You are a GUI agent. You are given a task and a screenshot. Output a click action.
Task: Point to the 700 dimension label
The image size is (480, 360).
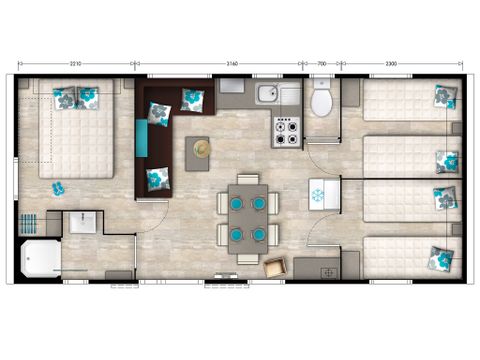[321, 64]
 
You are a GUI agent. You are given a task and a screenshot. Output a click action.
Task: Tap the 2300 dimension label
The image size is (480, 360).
[399, 64]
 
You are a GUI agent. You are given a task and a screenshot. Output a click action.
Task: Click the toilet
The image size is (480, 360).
[322, 101]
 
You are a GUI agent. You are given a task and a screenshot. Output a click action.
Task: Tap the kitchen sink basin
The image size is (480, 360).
[267, 96]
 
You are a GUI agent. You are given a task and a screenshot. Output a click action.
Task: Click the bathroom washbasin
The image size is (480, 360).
[82, 223]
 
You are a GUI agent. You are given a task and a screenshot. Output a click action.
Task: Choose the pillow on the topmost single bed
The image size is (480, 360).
[442, 96]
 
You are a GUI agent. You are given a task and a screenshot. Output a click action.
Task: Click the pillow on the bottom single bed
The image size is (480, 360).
[438, 258]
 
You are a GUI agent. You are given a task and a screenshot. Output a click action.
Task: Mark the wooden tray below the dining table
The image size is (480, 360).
[272, 266]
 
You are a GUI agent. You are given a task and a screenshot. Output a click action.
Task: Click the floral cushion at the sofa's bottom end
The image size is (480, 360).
[155, 178]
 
